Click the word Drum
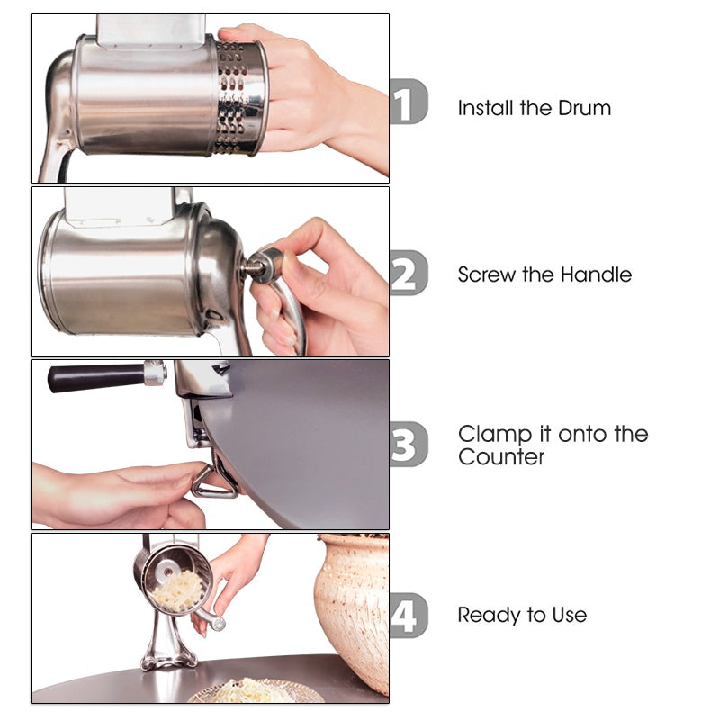click(584, 108)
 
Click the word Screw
click(486, 274)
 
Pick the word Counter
click(501, 457)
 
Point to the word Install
click(485, 108)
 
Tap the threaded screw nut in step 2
click(263, 267)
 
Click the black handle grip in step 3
click(94, 376)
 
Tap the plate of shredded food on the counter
click(256, 692)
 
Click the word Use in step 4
click(569, 616)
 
